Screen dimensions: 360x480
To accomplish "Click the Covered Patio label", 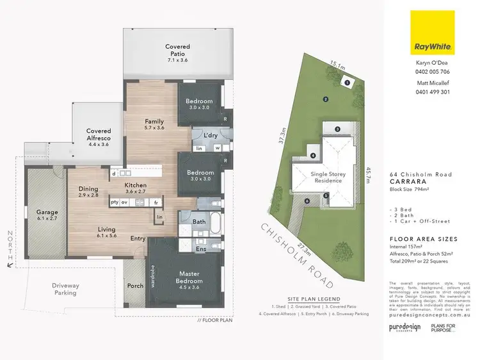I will [x=177, y=51].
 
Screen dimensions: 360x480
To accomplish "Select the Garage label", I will [x=47, y=215].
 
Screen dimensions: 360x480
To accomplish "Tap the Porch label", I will [x=135, y=286].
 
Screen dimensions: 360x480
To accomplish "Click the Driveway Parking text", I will [x=65, y=289].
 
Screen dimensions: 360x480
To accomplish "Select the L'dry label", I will [x=211, y=136].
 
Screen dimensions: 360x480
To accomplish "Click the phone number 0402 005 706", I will [x=433, y=72].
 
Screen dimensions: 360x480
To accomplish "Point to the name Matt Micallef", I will [x=433, y=83].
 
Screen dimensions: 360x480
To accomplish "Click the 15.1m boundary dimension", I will [x=337, y=63].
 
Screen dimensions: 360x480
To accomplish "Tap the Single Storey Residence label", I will [x=327, y=177].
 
